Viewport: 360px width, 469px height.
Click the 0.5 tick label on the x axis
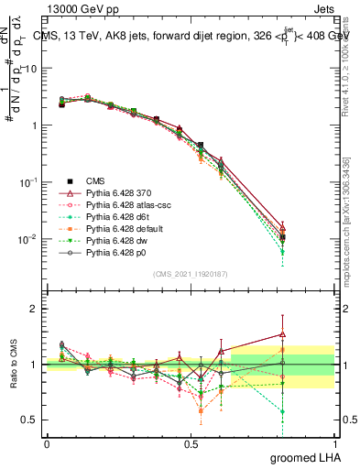click(x=191, y=444)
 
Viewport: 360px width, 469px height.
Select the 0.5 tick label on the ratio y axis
click(x=29, y=420)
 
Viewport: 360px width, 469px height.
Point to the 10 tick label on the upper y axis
click(x=28, y=69)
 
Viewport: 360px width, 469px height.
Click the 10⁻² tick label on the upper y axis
click(x=27, y=239)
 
